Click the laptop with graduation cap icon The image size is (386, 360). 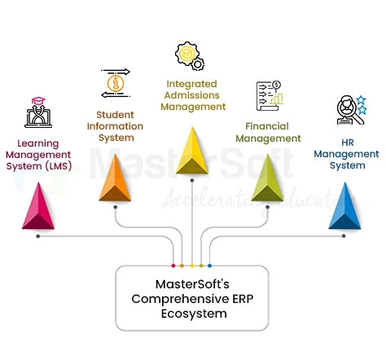point(38,112)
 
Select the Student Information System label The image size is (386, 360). point(115,125)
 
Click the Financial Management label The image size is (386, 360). point(268,132)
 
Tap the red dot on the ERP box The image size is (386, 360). point(173,266)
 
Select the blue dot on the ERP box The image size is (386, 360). point(209,266)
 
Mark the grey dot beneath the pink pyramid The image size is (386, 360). point(38,235)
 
